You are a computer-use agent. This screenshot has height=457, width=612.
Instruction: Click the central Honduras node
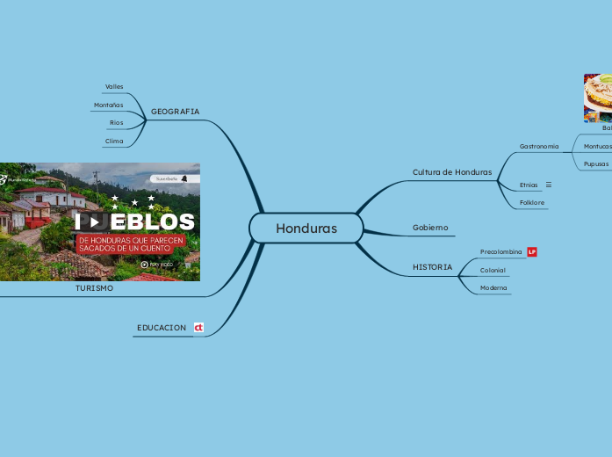306,228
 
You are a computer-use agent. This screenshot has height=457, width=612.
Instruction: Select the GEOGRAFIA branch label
175,112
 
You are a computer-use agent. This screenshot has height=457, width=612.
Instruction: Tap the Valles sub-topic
114,87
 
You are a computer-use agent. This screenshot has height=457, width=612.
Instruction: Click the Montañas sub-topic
108,105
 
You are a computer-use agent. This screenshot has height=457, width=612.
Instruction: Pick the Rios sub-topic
116,123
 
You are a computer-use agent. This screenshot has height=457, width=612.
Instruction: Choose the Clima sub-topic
114,141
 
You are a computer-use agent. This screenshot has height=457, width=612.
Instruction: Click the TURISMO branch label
94,288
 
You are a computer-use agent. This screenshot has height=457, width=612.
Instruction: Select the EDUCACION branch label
162,328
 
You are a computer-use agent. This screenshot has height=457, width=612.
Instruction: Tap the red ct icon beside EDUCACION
198,328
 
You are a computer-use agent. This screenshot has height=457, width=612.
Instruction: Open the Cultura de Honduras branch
452,172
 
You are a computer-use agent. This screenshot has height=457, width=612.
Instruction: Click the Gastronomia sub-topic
539,147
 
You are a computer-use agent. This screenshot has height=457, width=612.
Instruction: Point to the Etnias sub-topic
529,185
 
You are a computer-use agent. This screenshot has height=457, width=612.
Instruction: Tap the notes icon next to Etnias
549,185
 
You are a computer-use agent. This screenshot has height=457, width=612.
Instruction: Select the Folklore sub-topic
532,203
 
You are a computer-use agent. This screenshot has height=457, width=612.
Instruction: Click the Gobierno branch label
430,228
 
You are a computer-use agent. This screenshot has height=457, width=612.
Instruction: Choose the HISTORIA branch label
433,267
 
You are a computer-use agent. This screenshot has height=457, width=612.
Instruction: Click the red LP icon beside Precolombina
532,252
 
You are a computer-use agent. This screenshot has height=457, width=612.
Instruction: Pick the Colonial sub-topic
493,271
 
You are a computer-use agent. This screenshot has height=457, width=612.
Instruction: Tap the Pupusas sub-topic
596,164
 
